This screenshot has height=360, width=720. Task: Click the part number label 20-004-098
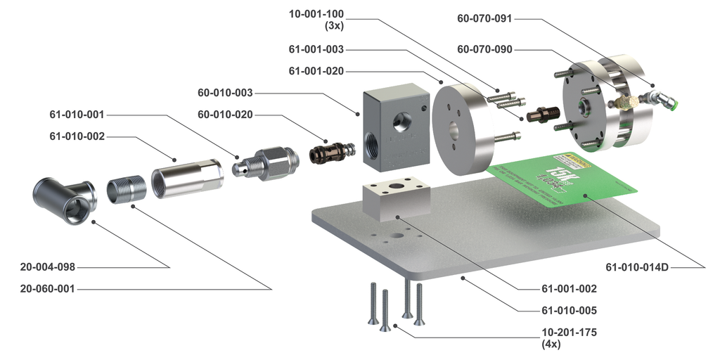click(47, 267)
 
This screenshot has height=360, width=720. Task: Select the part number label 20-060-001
click(47, 288)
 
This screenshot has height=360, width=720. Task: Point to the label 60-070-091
click(484, 20)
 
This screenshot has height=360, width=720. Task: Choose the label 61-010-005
click(569, 310)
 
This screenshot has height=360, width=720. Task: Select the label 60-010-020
click(225, 115)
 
